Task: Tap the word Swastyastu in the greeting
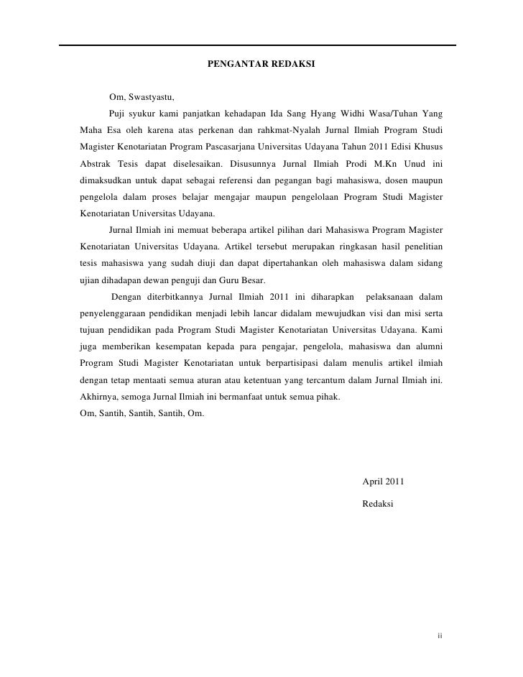(x=152, y=97)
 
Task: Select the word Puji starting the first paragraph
(x=117, y=114)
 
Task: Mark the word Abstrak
(x=96, y=163)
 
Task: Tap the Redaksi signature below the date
(x=379, y=504)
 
